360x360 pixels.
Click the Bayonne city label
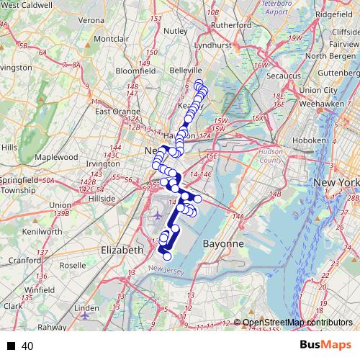click(222, 244)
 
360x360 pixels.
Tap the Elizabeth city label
click(122, 249)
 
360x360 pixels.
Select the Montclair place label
click(111, 37)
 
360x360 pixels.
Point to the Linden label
click(86, 308)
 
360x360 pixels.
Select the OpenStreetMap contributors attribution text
click(297, 323)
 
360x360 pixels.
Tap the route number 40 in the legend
click(28, 346)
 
